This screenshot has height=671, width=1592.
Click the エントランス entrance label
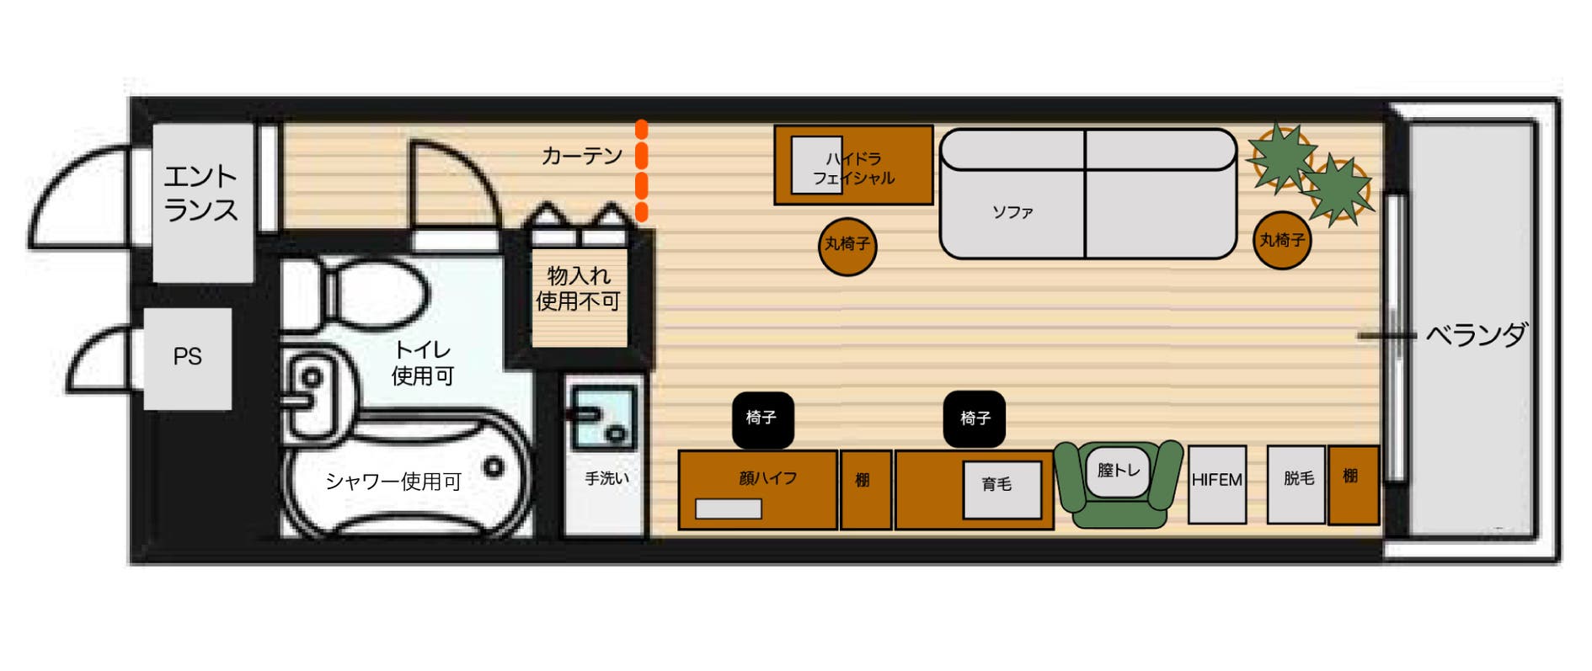(x=200, y=193)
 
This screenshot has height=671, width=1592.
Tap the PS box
(x=187, y=357)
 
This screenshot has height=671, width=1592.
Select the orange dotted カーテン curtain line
(x=642, y=171)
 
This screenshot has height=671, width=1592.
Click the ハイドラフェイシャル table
(x=853, y=166)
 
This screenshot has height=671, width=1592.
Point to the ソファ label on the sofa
(x=1012, y=212)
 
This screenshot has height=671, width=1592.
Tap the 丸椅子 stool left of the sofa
(x=847, y=245)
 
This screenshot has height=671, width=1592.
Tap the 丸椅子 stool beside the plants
(x=1282, y=241)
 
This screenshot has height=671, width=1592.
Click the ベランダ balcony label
(x=1476, y=335)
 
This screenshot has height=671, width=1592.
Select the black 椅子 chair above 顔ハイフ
(x=762, y=418)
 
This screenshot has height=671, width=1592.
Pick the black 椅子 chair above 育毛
(x=975, y=418)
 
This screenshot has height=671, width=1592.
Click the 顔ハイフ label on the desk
(x=767, y=478)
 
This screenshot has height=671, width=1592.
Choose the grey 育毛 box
(x=1002, y=489)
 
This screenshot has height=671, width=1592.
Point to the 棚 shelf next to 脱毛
(x=1353, y=483)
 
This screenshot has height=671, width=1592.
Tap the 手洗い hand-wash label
(x=606, y=479)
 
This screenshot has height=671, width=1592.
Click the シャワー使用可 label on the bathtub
(x=393, y=482)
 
